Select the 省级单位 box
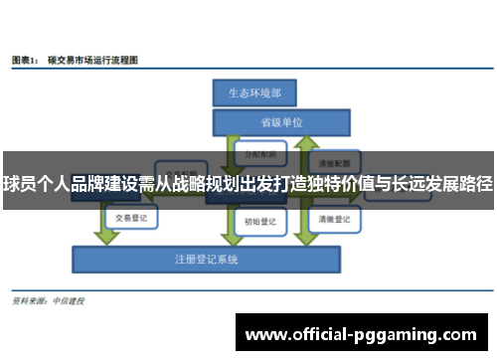(x=281, y=123)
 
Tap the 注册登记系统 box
(x=208, y=259)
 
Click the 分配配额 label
(x=260, y=155)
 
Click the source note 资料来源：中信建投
(x=47, y=299)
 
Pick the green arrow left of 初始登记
(x=227, y=221)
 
